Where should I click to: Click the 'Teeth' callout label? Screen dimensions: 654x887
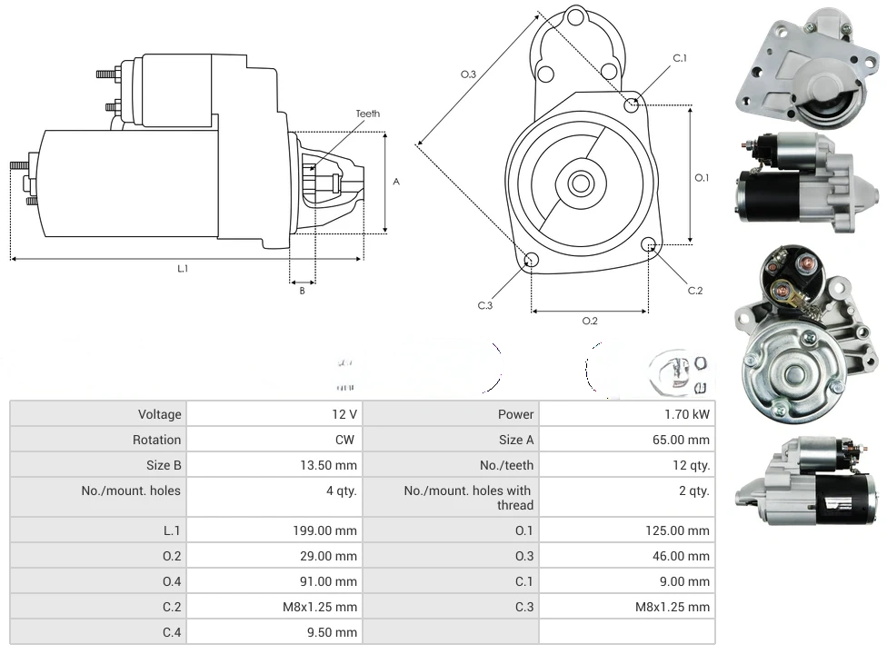[367, 114]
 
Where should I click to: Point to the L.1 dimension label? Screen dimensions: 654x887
[183, 268]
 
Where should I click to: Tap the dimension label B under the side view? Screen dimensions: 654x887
[302, 291]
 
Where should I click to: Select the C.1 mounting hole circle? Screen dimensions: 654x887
[632, 105]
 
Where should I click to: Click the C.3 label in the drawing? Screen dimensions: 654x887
[485, 305]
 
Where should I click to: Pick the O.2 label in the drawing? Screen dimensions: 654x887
[590, 321]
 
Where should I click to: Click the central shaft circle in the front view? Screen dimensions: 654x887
[580, 183]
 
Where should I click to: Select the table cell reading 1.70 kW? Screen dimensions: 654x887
[687, 414]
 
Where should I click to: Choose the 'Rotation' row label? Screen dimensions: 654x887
[156, 440]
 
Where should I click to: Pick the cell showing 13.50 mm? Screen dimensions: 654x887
[329, 465]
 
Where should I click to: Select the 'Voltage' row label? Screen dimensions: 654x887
[159, 414]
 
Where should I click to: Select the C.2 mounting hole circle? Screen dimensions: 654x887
[649, 244]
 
